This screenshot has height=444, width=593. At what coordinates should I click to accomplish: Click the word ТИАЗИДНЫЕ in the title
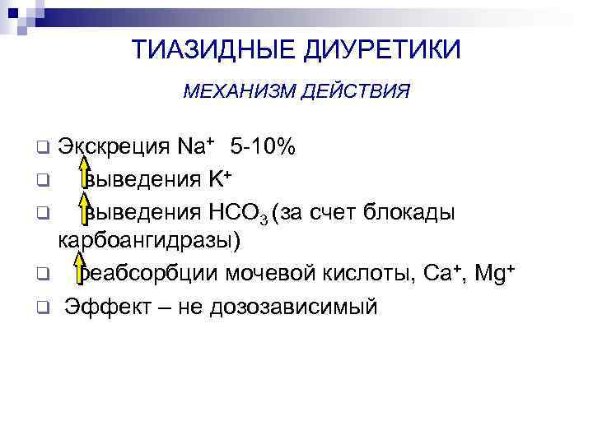(x=207, y=50)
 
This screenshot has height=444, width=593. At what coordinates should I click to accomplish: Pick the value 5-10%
(x=264, y=148)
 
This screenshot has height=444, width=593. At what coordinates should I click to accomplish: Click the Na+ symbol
(x=195, y=148)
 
